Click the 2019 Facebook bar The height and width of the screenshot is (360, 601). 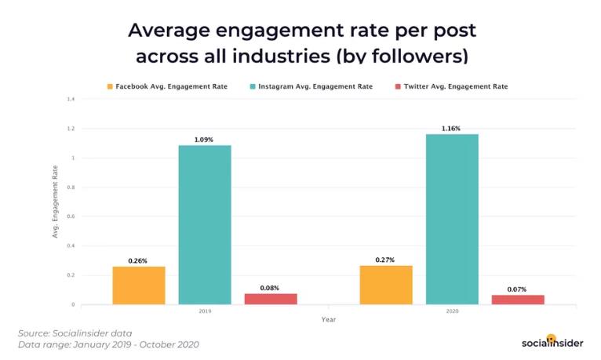click(x=139, y=285)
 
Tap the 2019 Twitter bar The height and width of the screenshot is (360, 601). click(x=271, y=299)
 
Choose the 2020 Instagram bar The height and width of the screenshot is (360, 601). click(x=452, y=219)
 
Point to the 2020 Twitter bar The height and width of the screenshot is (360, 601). click(x=518, y=300)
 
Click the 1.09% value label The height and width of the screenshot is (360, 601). click(x=205, y=140)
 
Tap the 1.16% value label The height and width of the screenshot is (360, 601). click(x=452, y=129)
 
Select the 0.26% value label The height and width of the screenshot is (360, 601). click(x=139, y=260)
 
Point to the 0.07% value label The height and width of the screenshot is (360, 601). click(x=518, y=289)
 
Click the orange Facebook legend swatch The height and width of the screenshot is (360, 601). click(x=111, y=86)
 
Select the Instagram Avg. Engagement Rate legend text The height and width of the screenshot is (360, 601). click(x=315, y=86)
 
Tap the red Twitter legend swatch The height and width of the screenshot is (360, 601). click(x=398, y=86)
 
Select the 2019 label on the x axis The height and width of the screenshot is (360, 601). click(x=205, y=311)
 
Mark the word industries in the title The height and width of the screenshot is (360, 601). click(x=272, y=56)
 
